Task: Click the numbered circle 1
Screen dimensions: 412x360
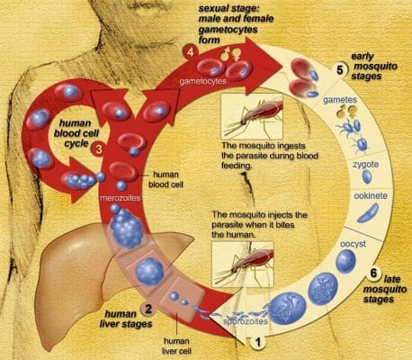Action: click(x=258, y=342)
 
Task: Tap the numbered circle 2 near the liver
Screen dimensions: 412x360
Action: click(x=148, y=309)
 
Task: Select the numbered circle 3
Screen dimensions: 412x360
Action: click(x=100, y=148)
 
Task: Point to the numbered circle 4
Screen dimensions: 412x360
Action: click(x=190, y=52)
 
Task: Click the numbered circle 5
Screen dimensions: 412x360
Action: click(x=339, y=70)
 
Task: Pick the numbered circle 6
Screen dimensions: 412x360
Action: click(x=373, y=274)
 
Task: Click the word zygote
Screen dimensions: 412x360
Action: click(x=365, y=165)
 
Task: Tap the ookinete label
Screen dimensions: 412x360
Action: click(x=371, y=196)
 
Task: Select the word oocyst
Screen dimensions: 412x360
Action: click(x=353, y=244)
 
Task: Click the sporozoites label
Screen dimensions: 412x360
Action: click(x=246, y=321)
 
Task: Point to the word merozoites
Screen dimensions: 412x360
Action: click(x=121, y=198)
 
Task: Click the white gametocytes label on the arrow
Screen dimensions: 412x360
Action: click(x=202, y=82)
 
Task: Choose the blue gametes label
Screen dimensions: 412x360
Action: click(x=340, y=100)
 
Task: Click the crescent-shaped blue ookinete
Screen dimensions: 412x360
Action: click(x=368, y=212)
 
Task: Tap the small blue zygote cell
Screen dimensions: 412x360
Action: click(x=367, y=176)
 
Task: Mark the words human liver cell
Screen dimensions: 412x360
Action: click(x=176, y=346)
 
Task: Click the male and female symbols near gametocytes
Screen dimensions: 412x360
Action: click(x=229, y=53)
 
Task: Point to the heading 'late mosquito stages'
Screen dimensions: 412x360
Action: click(x=385, y=289)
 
